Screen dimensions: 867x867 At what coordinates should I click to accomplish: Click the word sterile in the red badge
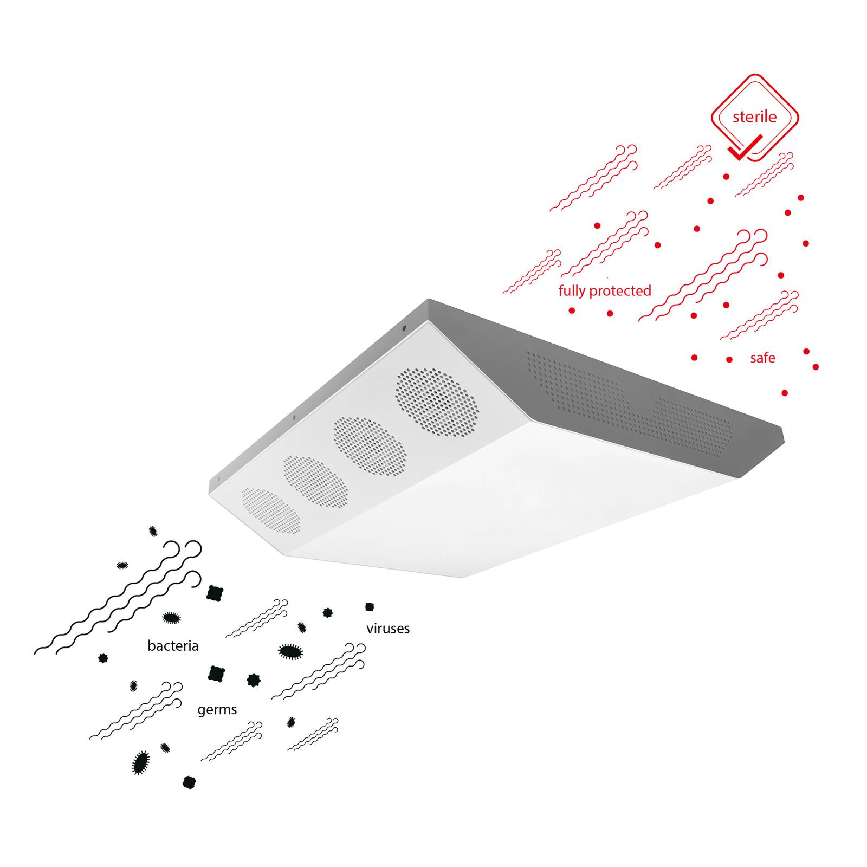click(x=754, y=117)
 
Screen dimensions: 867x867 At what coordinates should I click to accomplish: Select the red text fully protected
click(x=605, y=291)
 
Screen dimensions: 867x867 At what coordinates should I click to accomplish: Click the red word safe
click(x=762, y=358)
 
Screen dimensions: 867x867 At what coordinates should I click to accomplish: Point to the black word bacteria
click(x=173, y=645)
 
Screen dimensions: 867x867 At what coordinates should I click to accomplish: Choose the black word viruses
click(x=388, y=629)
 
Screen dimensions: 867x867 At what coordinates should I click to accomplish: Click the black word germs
click(x=217, y=710)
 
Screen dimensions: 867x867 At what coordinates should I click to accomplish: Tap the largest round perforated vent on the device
click(x=437, y=403)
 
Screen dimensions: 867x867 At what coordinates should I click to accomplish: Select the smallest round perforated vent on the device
click(x=270, y=510)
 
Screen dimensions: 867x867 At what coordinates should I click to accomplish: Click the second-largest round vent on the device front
click(x=370, y=446)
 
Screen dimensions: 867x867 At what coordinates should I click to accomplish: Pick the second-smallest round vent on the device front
click(x=315, y=481)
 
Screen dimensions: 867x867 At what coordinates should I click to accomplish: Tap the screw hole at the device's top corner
click(x=403, y=327)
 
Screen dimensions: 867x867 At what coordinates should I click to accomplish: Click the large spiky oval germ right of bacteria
click(x=290, y=651)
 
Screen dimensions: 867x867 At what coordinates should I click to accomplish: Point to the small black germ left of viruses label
click(x=327, y=612)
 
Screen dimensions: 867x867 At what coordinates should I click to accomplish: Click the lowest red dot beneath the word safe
click(x=785, y=393)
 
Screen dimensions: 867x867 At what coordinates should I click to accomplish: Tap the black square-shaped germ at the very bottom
click(x=189, y=782)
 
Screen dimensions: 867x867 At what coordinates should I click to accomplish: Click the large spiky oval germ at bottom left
click(x=141, y=762)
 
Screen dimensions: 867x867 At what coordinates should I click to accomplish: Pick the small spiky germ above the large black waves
click(x=153, y=531)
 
